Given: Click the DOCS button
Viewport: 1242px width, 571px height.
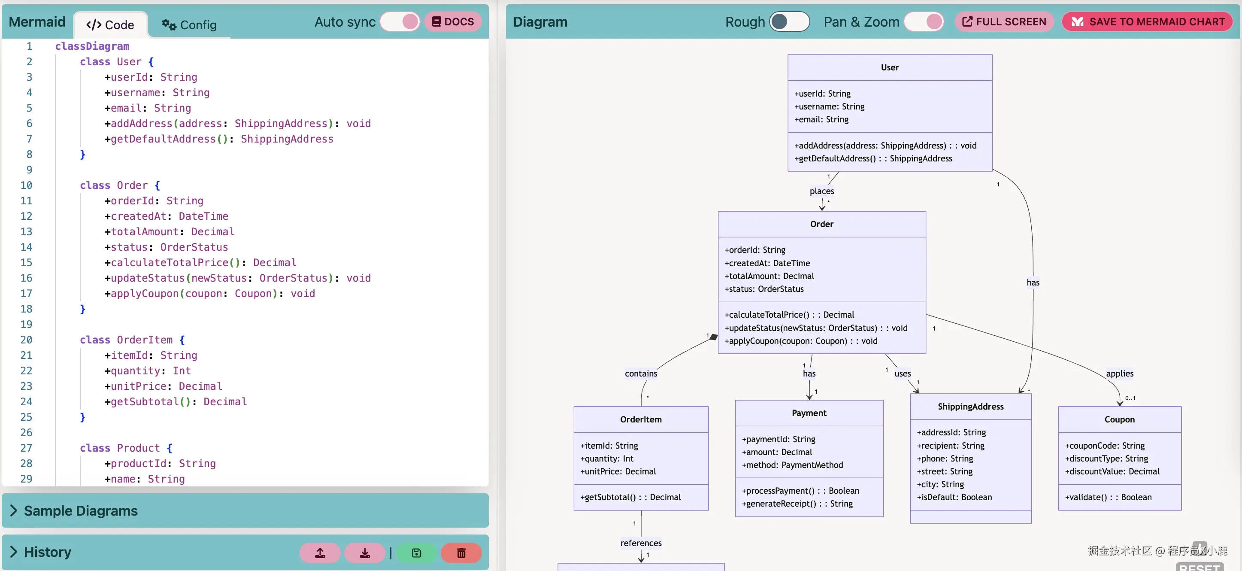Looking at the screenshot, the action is tap(453, 22).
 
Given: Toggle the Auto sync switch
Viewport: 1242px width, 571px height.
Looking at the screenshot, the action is tap(400, 22).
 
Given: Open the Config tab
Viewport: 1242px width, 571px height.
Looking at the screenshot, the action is tap(189, 24).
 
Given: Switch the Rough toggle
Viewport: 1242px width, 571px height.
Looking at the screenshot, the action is tap(789, 22).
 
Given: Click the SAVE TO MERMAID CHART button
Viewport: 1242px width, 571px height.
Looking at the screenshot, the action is tap(1148, 22).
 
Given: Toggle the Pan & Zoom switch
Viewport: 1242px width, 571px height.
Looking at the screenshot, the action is tap(924, 22).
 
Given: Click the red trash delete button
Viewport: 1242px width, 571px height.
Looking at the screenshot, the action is tap(461, 553).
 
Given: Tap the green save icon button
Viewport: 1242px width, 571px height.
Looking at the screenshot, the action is tap(417, 553).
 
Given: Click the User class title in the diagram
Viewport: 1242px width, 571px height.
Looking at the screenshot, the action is tap(890, 67).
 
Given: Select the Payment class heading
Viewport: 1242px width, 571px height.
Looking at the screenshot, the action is tap(809, 413).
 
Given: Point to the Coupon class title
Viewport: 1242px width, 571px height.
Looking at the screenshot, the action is tap(1120, 419).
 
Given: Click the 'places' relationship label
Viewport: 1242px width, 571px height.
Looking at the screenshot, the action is tap(821, 191).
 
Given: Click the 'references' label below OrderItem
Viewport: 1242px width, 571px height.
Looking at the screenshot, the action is tap(641, 543).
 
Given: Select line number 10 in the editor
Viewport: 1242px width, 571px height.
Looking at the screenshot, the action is tap(26, 185).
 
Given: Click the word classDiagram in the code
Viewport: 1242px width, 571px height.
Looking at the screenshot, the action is tap(92, 46).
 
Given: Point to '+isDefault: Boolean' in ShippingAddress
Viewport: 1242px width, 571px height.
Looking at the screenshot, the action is tap(954, 497).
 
